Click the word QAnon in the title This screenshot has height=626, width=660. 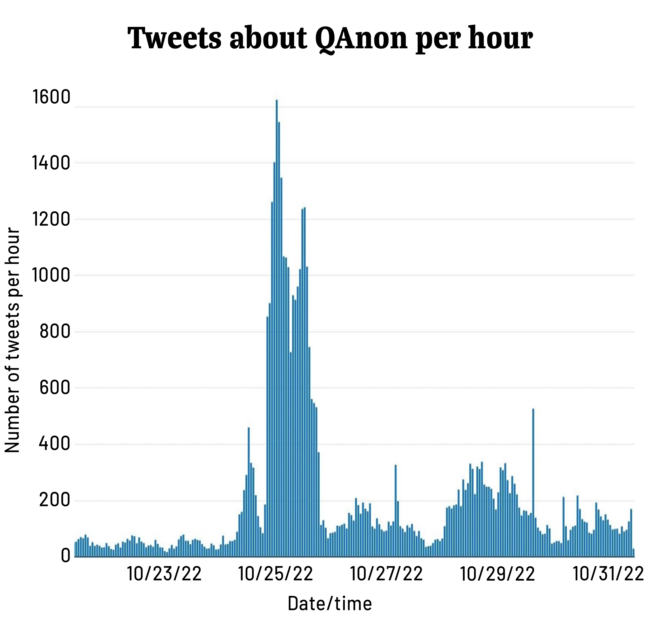(361, 39)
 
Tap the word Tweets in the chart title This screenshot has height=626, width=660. (174, 39)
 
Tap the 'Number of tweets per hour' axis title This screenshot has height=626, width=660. (13, 340)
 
